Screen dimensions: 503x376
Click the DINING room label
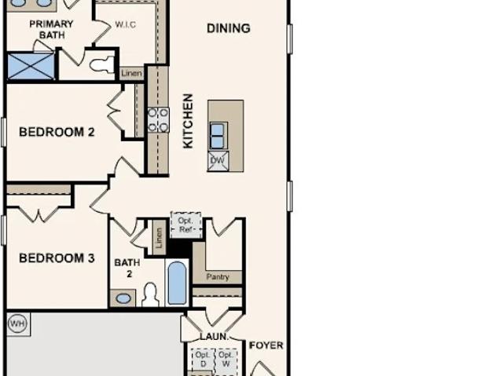(229, 28)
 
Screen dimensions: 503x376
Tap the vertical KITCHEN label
(188, 121)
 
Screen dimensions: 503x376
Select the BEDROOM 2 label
(57, 132)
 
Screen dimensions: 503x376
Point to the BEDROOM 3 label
(57, 258)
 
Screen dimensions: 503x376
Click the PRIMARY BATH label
(51, 30)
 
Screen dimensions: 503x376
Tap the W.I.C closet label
(126, 24)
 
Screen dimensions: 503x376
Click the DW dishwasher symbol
(218, 161)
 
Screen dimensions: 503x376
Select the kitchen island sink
(218, 136)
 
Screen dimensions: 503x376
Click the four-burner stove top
(158, 120)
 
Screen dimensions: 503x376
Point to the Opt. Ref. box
(186, 225)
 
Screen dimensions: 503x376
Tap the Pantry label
(218, 277)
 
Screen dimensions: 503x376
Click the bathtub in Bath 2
(177, 283)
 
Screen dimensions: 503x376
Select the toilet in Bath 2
(150, 295)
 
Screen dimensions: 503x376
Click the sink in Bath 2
(123, 298)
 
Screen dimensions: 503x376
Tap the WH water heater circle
(17, 323)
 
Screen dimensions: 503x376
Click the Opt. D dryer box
(203, 360)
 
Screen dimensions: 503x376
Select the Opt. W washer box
(226, 360)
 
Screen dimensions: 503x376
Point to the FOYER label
(266, 345)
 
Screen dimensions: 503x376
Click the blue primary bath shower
(31, 66)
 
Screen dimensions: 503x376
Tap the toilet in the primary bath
(102, 65)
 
